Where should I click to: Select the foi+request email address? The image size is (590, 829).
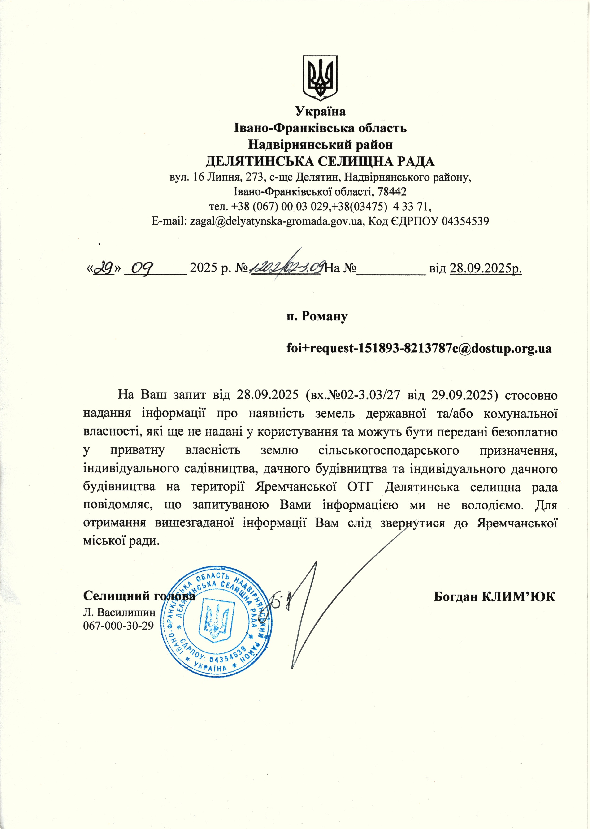point(419,348)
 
